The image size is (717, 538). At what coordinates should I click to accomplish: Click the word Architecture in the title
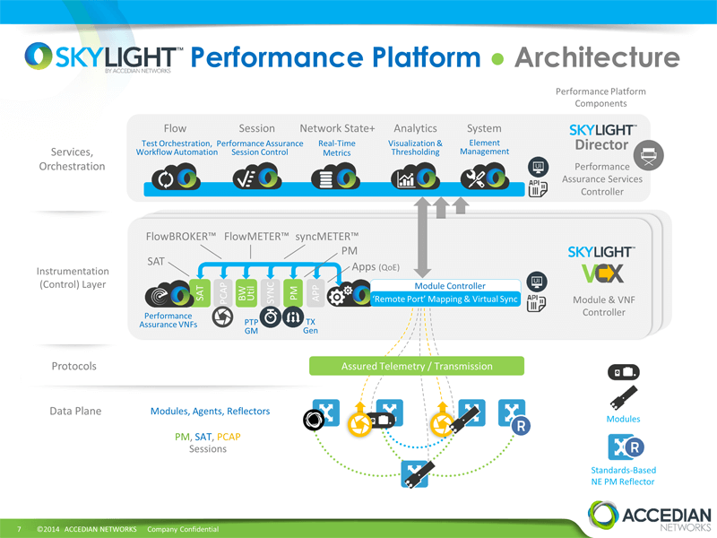click(x=597, y=57)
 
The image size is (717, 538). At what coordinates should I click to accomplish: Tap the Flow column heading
click(x=175, y=128)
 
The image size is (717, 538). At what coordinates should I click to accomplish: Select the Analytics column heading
click(x=415, y=128)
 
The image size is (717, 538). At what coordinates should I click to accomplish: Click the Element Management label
click(x=484, y=147)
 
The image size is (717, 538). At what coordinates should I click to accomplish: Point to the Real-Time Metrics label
click(x=336, y=148)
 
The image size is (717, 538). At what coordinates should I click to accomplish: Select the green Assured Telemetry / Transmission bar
click(x=417, y=366)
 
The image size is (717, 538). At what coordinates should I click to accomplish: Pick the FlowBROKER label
click(x=180, y=237)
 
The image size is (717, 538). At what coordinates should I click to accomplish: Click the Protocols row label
click(x=73, y=366)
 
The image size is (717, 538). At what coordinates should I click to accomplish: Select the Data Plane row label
click(x=75, y=411)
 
